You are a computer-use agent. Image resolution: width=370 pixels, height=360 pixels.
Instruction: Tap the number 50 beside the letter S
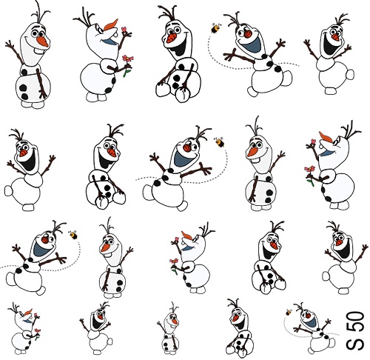[355, 321]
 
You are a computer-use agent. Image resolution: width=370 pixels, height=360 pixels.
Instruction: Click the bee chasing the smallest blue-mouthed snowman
[289, 312]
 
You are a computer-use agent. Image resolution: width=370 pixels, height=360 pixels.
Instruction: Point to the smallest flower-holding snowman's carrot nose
[28, 312]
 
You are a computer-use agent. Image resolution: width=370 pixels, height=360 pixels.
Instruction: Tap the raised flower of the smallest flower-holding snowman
[37, 315]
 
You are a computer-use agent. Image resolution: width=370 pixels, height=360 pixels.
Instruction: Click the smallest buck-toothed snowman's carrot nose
[175, 321]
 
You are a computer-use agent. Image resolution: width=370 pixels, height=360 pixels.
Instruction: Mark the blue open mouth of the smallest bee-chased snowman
[311, 322]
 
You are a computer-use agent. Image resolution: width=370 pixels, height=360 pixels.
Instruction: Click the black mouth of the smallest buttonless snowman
[96, 323]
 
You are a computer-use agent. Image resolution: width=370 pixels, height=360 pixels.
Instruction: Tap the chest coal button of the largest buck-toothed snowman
[24, 72]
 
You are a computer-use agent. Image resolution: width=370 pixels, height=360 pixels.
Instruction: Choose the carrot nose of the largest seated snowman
[172, 39]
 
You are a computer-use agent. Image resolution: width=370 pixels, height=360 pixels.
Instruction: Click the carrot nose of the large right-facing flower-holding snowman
[112, 24]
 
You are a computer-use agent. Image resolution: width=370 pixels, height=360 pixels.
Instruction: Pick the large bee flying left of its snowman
[216, 27]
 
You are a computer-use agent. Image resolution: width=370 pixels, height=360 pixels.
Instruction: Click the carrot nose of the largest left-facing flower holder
[325, 136]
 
